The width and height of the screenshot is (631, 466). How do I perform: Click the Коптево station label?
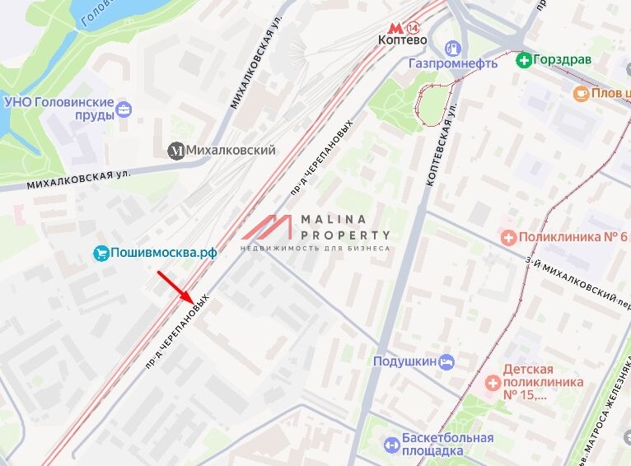(x=401, y=39)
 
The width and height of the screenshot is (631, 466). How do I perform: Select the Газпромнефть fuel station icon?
(x=452, y=49)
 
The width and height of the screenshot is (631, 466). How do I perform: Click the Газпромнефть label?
(x=453, y=63)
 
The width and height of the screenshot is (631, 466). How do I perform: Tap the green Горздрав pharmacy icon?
(x=523, y=59)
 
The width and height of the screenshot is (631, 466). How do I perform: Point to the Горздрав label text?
(x=563, y=59)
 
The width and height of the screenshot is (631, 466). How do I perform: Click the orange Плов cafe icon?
(x=582, y=94)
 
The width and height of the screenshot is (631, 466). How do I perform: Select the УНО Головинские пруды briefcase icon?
(x=124, y=109)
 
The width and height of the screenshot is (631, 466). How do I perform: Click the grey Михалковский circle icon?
(x=176, y=151)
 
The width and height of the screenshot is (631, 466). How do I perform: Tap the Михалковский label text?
(x=231, y=151)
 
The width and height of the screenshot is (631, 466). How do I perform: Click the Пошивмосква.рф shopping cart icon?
(x=100, y=253)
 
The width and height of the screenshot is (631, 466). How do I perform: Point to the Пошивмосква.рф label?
(x=163, y=253)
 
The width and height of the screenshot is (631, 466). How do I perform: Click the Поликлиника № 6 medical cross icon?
(x=509, y=238)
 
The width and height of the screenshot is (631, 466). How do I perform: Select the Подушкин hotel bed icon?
(x=446, y=361)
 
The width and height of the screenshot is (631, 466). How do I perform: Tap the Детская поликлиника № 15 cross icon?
(x=493, y=382)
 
